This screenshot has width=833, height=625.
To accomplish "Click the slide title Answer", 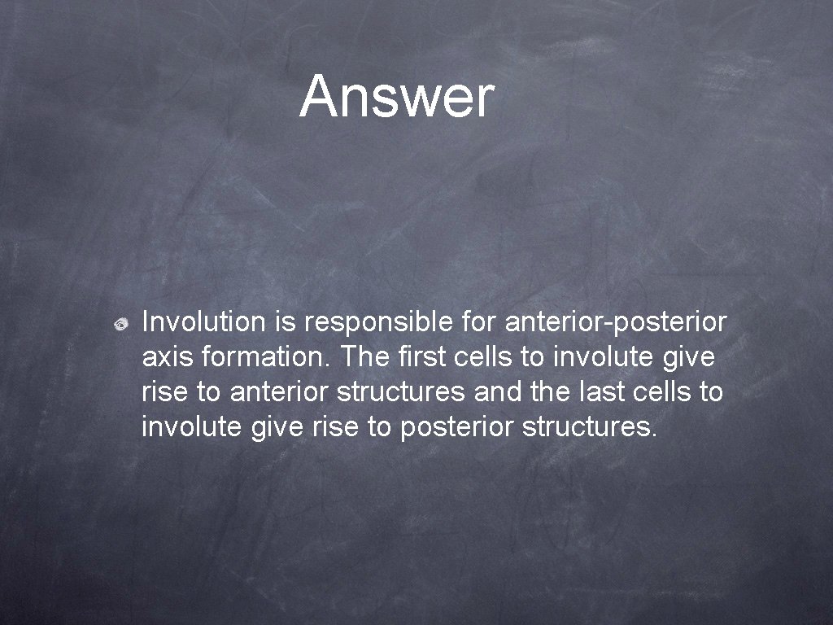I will (396, 96).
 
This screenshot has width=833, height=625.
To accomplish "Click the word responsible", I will (380, 322).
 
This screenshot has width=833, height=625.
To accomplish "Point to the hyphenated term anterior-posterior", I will (616, 322).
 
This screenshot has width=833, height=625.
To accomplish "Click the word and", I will (496, 391).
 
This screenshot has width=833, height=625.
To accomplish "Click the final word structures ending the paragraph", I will (588, 426).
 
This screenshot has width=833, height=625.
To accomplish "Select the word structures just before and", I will (400, 391).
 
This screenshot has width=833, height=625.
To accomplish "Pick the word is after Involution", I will (285, 322).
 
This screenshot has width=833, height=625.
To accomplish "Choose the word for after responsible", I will (479, 322).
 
